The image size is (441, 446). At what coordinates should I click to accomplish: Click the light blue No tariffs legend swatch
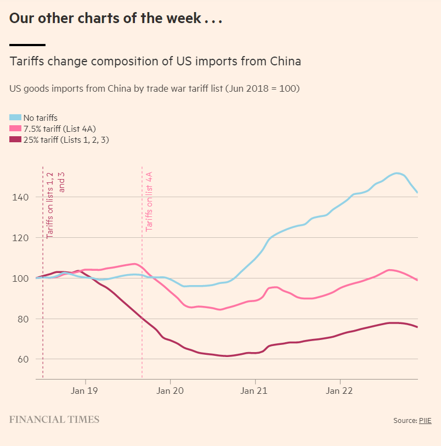[15, 118]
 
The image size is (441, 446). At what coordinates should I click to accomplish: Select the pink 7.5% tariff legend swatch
[15, 129]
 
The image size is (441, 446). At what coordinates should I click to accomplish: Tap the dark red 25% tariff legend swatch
[15, 140]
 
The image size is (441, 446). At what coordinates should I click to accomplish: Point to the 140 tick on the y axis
[20, 197]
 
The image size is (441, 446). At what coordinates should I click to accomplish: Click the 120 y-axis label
[20, 238]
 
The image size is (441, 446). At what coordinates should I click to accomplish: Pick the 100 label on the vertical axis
[20, 278]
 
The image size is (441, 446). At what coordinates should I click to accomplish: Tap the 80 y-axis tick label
[23, 319]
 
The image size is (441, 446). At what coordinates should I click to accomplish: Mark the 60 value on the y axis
[23, 359]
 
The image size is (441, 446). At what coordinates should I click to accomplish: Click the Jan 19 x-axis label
[84, 391]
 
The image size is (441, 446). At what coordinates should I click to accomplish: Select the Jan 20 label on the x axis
[170, 391]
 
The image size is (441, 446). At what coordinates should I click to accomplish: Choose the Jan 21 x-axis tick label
[254, 391]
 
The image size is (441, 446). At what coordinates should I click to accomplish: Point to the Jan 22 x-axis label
[339, 391]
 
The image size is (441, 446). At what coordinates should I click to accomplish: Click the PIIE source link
[425, 420]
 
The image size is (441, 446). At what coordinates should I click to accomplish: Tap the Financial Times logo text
[54, 420]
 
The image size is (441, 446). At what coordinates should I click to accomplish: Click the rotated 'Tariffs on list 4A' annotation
[149, 202]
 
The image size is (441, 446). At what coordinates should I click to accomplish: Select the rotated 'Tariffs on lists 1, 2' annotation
[50, 205]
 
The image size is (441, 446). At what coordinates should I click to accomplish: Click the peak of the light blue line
[397, 173]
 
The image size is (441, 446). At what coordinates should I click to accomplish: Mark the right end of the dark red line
[417, 327]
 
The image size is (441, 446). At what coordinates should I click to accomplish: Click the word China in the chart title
[285, 62]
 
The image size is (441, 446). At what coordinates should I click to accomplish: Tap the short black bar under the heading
[27, 45]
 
